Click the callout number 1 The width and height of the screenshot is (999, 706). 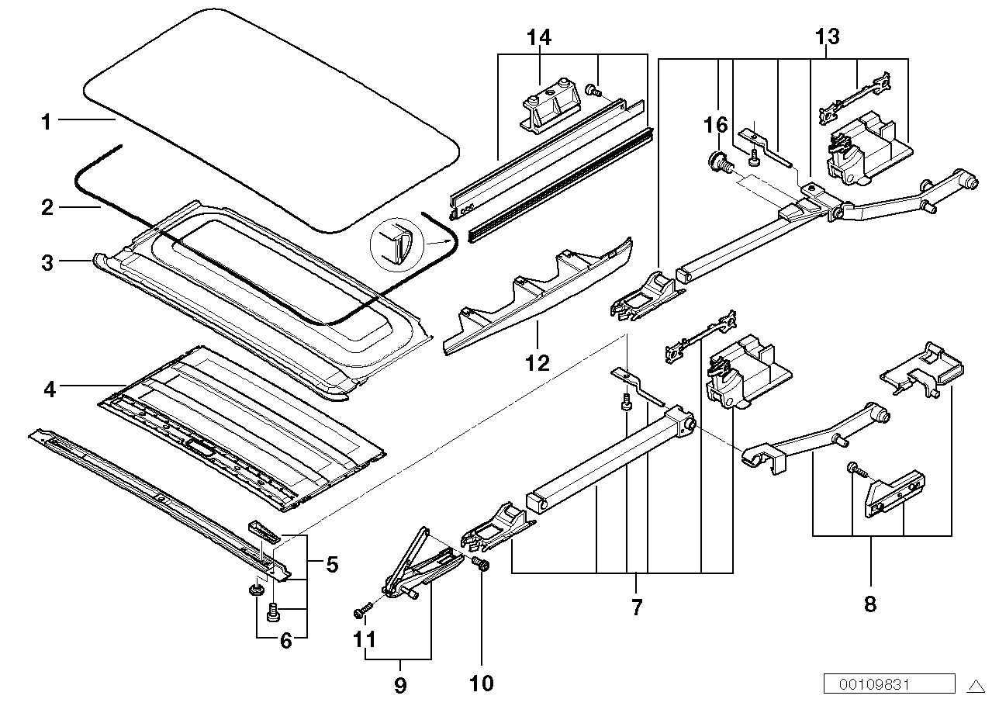tap(47, 122)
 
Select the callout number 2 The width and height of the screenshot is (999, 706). tap(47, 207)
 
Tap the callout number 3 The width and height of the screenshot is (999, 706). tap(48, 263)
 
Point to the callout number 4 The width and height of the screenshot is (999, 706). tap(50, 388)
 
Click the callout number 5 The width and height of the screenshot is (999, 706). tap(332, 564)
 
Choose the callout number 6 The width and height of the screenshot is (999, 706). tap(286, 642)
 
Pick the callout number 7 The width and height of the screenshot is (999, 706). tap(637, 606)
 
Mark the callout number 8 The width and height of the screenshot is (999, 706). tap(869, 603)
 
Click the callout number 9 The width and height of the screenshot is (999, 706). tap(401, 685)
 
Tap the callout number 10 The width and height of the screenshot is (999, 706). tap(481, 683)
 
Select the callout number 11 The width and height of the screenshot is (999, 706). tap(365, 641)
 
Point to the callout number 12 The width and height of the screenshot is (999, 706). tap(537, 362)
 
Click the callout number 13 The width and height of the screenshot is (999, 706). tap(827, 36)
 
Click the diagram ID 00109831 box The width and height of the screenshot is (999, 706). tap(889, 684)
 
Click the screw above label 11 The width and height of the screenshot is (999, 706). tap(361, 612)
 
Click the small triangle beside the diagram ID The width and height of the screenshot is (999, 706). tap(975, 685)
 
